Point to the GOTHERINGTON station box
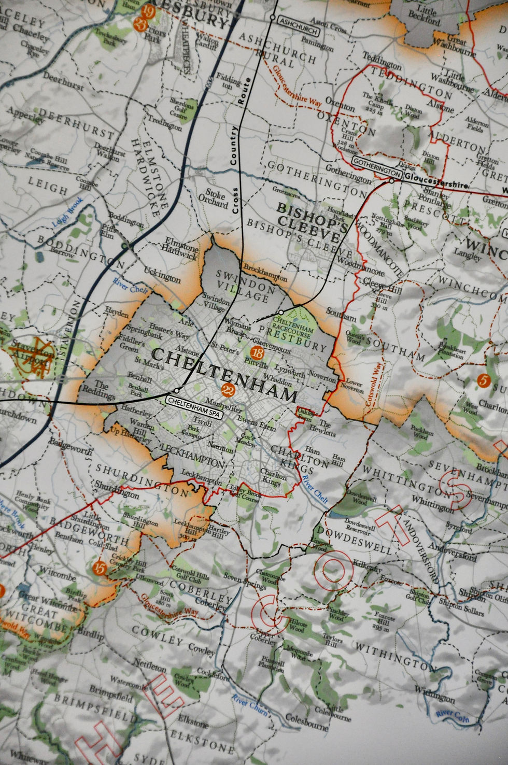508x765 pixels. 377,162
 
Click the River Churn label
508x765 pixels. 251,708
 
